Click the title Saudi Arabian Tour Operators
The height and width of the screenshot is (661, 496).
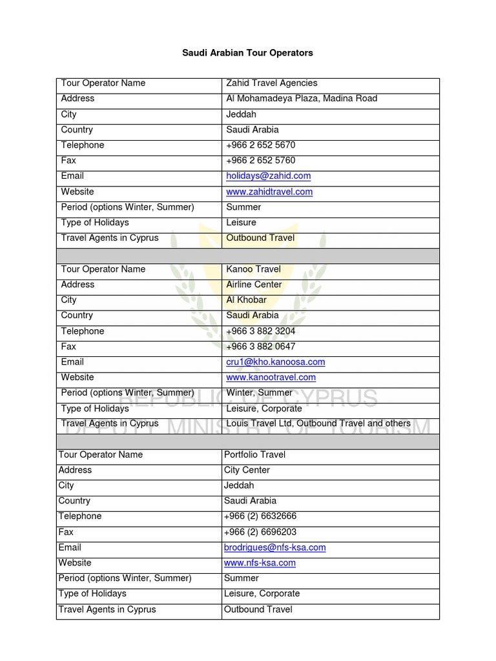point(247,53)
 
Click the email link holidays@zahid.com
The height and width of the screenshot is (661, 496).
point(268,176)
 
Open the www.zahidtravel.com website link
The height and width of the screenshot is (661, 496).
point(269,192)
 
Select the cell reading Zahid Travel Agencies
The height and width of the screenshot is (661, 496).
point(271,83)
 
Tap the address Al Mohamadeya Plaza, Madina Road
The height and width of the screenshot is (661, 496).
point(302,99)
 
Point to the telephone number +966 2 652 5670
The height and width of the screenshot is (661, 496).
point(260,145)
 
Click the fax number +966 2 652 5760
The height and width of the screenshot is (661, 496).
point(260,161)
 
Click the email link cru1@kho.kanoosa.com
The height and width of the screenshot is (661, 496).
point(275,362)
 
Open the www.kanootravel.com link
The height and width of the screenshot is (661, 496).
point(271,378)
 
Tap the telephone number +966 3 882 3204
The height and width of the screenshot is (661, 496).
point(260,331)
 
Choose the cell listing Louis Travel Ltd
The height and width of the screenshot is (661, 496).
point(318,424)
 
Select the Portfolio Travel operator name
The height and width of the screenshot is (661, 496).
point(254,455)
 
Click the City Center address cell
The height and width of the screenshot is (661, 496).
point(247,471)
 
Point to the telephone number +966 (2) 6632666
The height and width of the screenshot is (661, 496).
point(260,516)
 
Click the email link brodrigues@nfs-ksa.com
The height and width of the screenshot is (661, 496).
point(274,547)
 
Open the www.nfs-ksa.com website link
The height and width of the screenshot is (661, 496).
point(260,563)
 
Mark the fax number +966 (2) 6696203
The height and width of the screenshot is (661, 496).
point(260,532)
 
